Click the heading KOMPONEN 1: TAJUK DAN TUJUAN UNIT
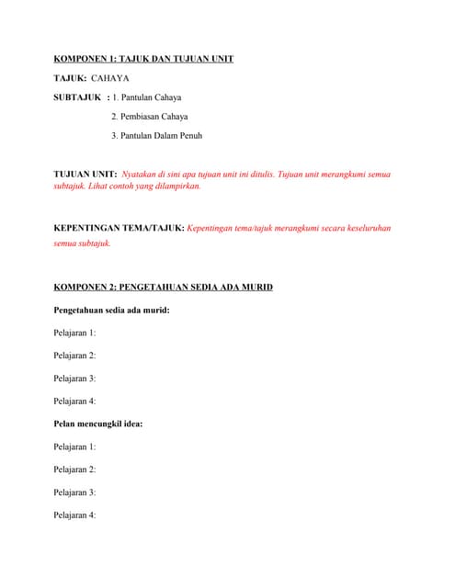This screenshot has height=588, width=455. [x=143, y=59]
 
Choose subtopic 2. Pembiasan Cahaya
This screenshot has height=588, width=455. [x=149, y=117]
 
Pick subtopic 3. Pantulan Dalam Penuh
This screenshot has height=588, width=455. [x=156, y=136]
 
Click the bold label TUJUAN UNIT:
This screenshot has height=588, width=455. [x=85, y=174]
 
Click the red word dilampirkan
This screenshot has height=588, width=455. [x=176, y=186]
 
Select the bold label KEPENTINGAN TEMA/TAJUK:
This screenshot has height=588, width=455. [x=119, y=227]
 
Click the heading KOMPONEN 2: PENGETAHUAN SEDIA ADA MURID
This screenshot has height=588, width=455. [x=163, y=288]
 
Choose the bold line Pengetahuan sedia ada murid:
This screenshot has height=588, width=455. [x=111, y=311]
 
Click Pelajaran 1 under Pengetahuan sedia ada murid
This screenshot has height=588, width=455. [x=74, y=333]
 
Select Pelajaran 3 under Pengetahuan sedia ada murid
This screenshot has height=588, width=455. [x=74, y=379]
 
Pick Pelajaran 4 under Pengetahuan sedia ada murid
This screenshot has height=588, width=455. [x=74, y=401]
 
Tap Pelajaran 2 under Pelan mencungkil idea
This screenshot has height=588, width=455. [x=74, y=469]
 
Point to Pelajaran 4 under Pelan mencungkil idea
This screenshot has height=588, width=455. [x=74, y=515]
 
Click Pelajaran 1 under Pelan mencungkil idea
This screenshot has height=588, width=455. [x=74, y=447]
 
